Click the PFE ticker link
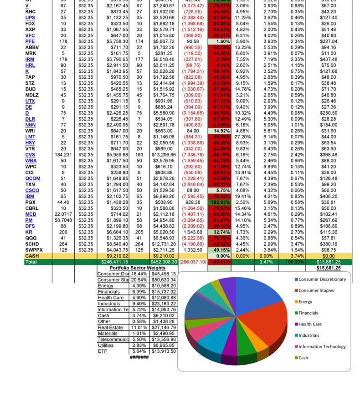coord(30,41)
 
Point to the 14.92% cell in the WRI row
coord(219,131)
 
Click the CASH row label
coord(32,256)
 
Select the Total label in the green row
coord(31,262)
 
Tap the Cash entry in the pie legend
coord(303,358)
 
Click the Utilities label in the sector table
coord(106,345)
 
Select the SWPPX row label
coord(34,250)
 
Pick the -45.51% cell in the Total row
coord(219,262)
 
